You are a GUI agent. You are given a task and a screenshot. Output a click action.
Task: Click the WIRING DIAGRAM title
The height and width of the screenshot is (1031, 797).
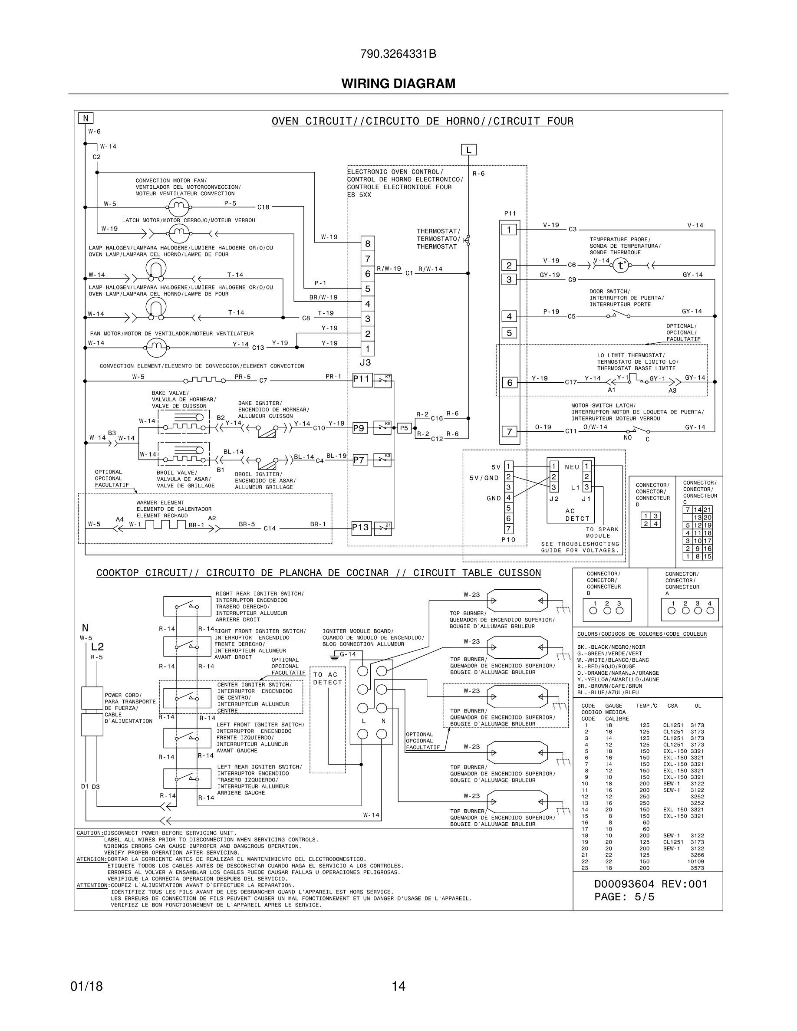tap(398, 84)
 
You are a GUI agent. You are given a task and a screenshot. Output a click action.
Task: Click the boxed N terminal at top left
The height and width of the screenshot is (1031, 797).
tap(86, 118)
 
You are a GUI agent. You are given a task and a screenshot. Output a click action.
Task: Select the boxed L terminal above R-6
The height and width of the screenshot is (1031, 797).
tap(468, 150)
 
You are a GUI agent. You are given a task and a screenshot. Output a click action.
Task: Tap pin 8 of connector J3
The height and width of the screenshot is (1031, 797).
tap(368, 243)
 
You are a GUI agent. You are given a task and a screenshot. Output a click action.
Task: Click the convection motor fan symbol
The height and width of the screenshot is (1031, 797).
tap(178, 206)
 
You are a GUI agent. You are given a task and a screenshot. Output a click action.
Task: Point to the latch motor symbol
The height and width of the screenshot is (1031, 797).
tap(178, 233)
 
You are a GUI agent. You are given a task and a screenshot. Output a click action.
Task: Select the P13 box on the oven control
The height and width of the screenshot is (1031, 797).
tap(361, 527)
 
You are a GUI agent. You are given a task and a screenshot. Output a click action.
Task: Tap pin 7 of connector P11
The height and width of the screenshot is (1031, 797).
tap(509, 431)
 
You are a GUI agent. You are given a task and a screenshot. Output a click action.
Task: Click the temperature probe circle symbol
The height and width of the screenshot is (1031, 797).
tap(620, 266)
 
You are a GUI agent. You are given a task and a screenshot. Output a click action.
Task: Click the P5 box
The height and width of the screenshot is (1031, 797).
tap(404, 428)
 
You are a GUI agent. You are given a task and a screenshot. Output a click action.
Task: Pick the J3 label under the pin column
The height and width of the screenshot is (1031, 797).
tap(365, 363)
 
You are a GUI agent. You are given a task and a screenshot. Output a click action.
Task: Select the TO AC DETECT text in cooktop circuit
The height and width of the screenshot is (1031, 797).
tap(327, 678)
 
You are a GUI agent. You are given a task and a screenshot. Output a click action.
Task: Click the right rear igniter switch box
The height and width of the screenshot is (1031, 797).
tap(187, 606)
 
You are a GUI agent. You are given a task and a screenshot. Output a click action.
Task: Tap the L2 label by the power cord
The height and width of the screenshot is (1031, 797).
tap(97, 647)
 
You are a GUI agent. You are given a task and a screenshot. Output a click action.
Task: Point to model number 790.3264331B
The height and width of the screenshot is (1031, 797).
tap(398, 54)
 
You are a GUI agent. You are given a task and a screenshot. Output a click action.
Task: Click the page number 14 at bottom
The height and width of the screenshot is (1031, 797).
tap(398, 986)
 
